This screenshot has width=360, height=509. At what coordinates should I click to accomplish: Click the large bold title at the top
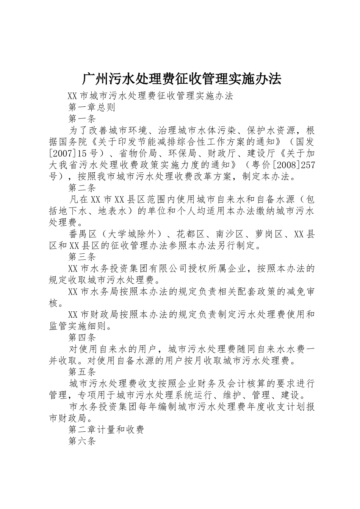tap(182, 78)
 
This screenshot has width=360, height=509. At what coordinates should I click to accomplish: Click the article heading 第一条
tap(82, 119)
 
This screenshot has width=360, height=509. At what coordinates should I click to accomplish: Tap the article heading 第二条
tap(82, 187)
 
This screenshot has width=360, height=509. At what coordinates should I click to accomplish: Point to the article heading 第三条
tap(82, 257)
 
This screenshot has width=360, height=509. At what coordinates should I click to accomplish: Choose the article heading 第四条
tap(82, 337)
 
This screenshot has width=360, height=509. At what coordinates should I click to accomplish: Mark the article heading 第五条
tap(82, 372)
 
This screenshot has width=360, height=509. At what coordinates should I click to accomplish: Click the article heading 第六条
tap(82, 441)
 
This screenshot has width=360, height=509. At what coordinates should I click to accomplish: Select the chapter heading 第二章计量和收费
tap(106, 429)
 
